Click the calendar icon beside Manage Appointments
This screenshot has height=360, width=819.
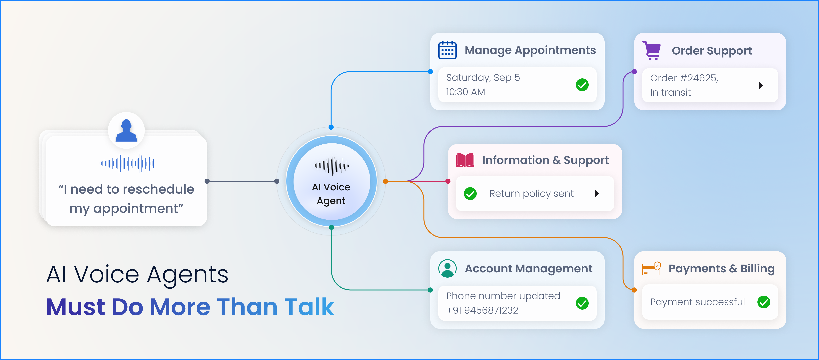tap(447, 50)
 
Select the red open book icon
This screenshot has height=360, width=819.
tap(465, 160)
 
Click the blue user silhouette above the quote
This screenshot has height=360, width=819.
tap(126, 130)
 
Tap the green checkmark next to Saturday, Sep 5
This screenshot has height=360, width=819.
tap(582, 85)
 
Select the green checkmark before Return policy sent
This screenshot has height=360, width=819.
tap(470, 194)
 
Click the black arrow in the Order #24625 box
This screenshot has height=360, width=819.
tap(761, 85)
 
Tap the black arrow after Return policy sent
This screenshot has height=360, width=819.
tap(597, 194)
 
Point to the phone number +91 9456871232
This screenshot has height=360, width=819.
tap(482, 310)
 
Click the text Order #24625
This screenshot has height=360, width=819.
tap(684, 78)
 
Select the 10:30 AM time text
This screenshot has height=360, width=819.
tap(465, 92)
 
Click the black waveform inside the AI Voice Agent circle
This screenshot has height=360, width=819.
tap(331, 165)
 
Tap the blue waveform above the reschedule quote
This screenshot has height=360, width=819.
tap(127, 163)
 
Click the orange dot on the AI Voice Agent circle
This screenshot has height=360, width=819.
tap(385, 181)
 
